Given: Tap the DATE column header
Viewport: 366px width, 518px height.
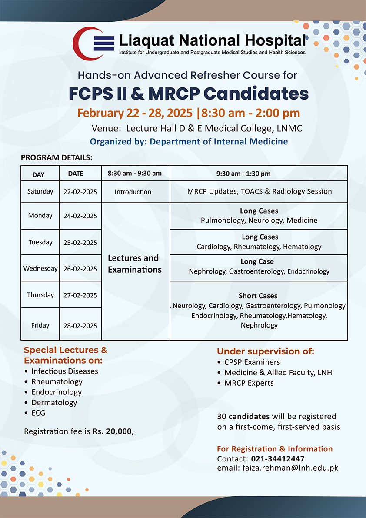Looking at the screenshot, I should coord(76,174).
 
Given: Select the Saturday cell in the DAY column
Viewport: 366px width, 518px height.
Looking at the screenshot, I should coord(40,191).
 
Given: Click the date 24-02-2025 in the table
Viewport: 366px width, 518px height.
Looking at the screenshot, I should coord(80,216).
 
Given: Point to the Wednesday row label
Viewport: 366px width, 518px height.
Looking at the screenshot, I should coord(40,268).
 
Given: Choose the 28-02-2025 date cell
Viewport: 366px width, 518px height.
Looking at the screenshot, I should coord(80,326).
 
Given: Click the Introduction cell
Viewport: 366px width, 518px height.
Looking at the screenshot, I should coord(133,192).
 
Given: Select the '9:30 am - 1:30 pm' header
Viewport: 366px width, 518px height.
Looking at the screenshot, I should coord(243,174).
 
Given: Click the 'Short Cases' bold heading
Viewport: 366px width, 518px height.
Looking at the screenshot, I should coord(258,296).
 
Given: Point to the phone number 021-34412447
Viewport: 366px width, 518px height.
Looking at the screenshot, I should coord(278,459).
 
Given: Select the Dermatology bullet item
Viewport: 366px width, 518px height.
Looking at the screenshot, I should coord(54,403).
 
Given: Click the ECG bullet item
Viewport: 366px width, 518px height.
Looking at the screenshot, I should coord(38,413).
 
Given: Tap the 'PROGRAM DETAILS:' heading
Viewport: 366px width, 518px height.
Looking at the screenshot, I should coord(57,157).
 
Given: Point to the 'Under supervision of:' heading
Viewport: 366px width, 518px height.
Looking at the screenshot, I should coord(265,351).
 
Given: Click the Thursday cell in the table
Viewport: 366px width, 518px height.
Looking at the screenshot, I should coord(40,295).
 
